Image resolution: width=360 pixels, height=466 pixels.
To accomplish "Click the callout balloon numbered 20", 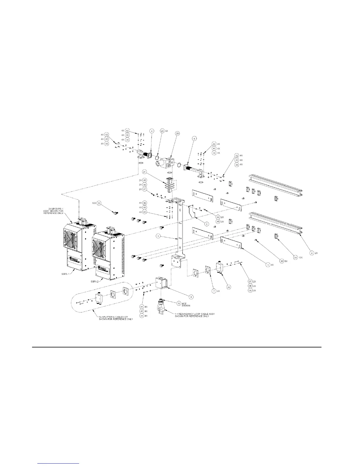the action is tap(177, 133).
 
